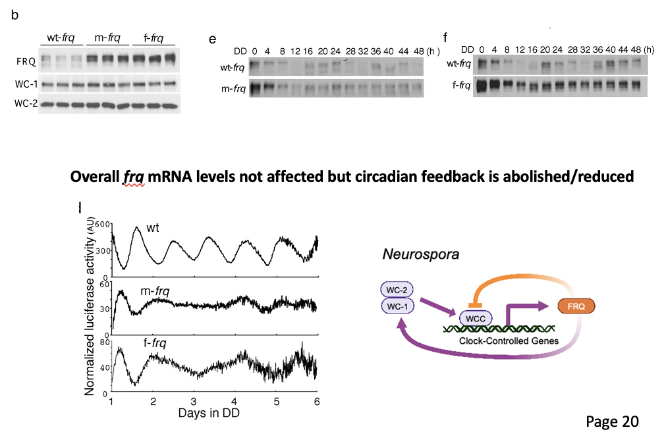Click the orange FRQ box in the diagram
pos(576,306)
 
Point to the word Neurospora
pos(414,254)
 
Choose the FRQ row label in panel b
pos(25,61)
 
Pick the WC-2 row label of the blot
pos(25,103)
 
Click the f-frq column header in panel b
pos(153,37)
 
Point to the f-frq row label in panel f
pos(459,86)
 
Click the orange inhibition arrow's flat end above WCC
pos(472,304)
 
